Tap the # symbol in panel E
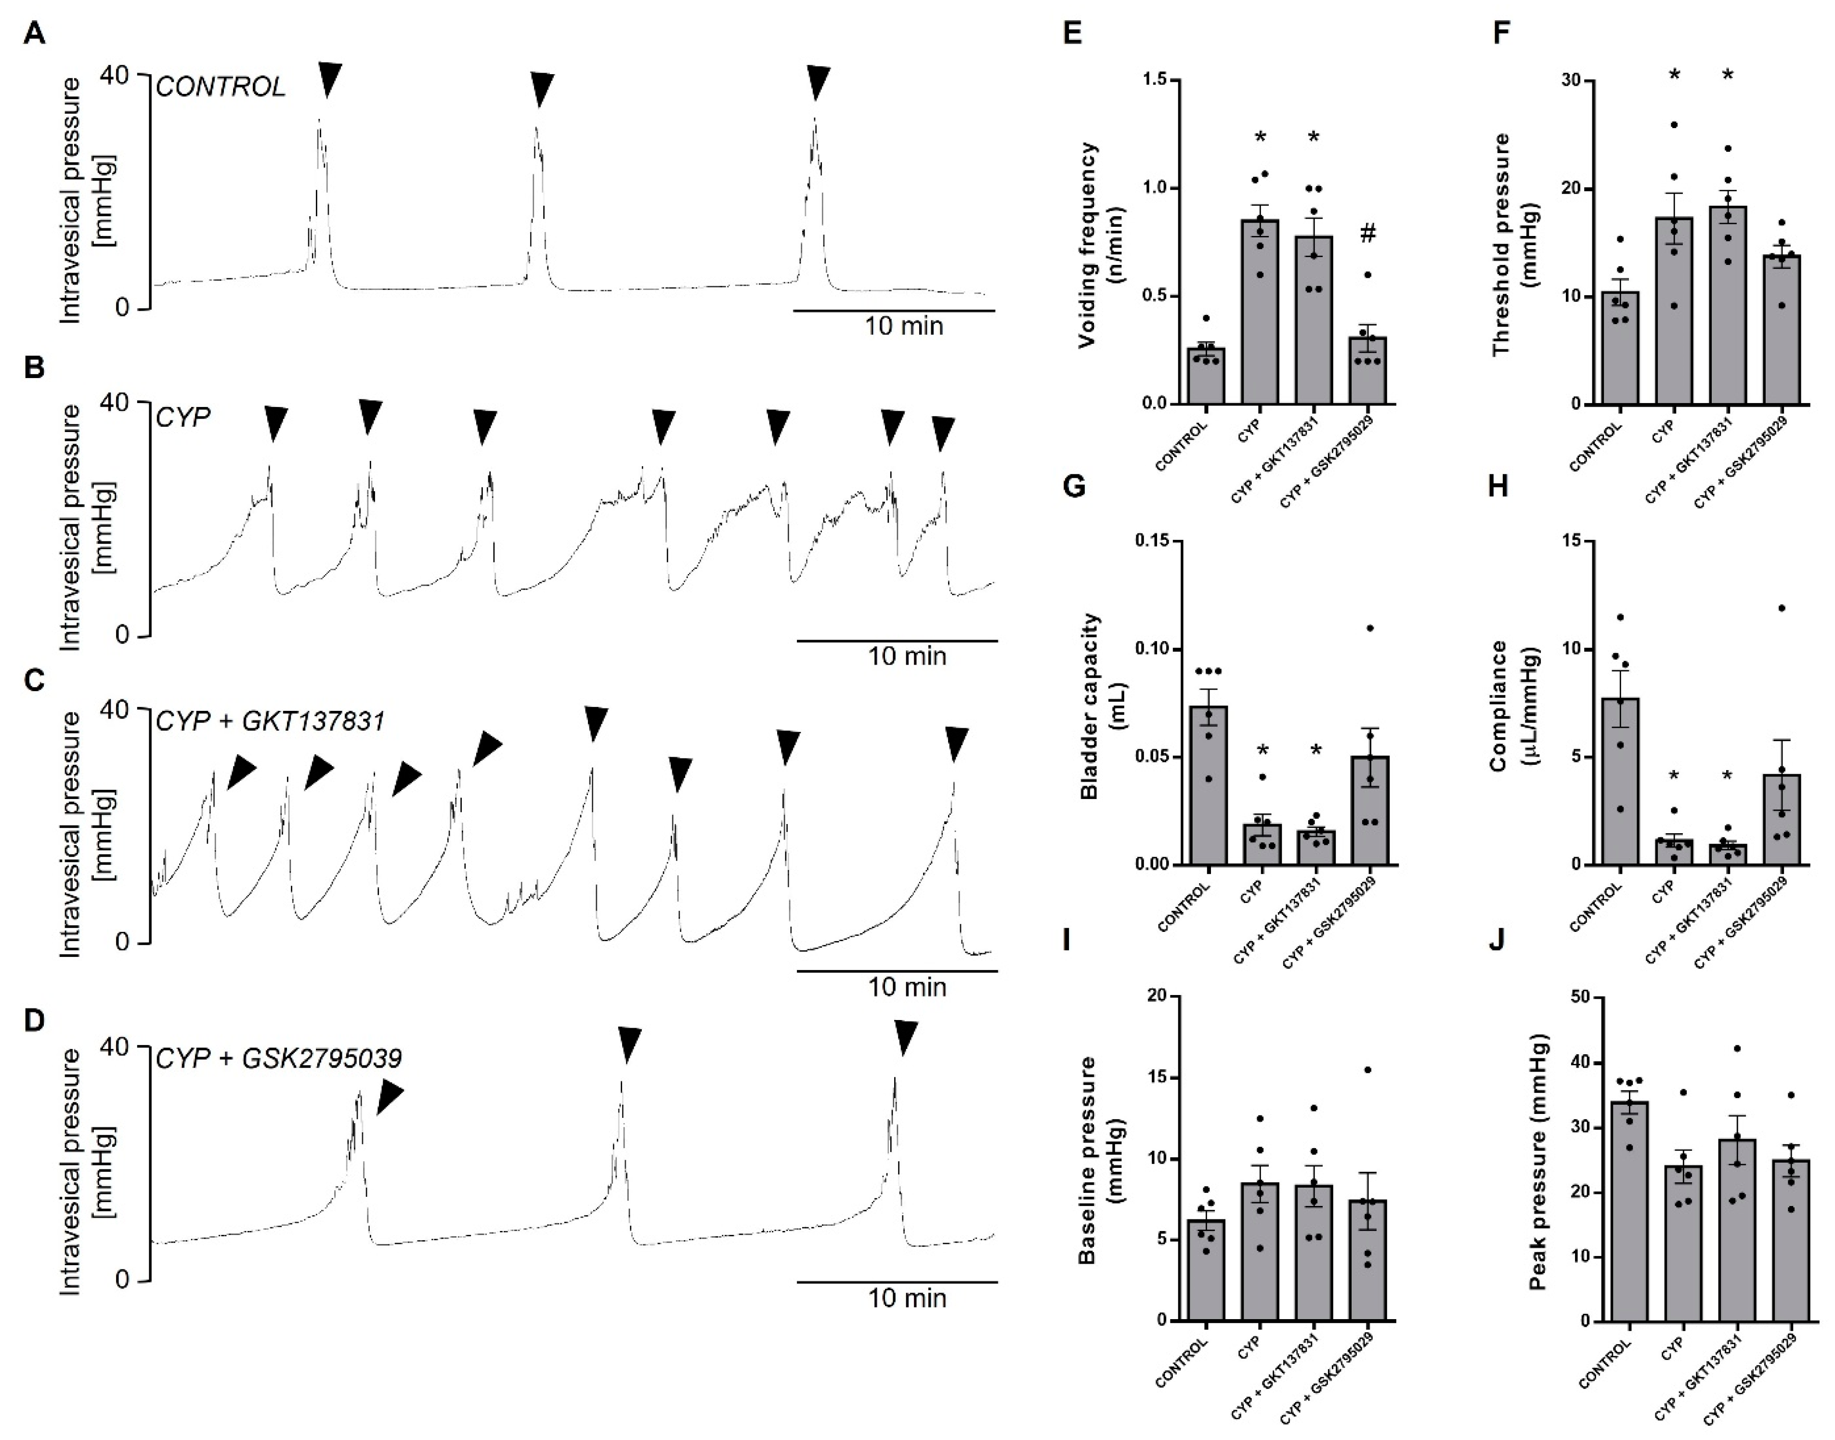1368,234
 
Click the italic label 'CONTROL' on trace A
221,87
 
